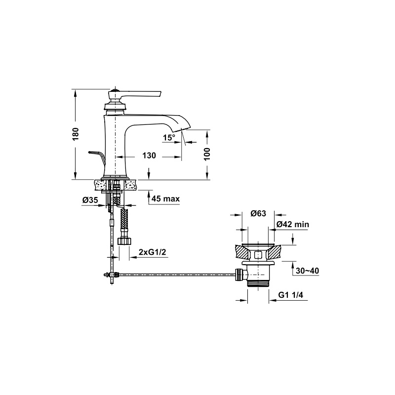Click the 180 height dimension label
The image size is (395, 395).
[x=76, y=134]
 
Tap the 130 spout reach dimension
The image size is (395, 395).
[x=149, y=156]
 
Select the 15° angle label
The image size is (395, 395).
[x=169, y=138]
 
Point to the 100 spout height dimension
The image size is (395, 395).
[x=207, y=154]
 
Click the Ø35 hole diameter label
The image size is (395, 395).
[x=90, y=200]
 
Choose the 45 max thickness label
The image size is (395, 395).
[x=166, y=199]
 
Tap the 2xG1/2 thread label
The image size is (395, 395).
[x=153, y=252]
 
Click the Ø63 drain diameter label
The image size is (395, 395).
[x=258, y=213]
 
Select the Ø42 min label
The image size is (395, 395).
[x=293, y=224]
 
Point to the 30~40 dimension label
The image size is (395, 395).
[x=307, y=271]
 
